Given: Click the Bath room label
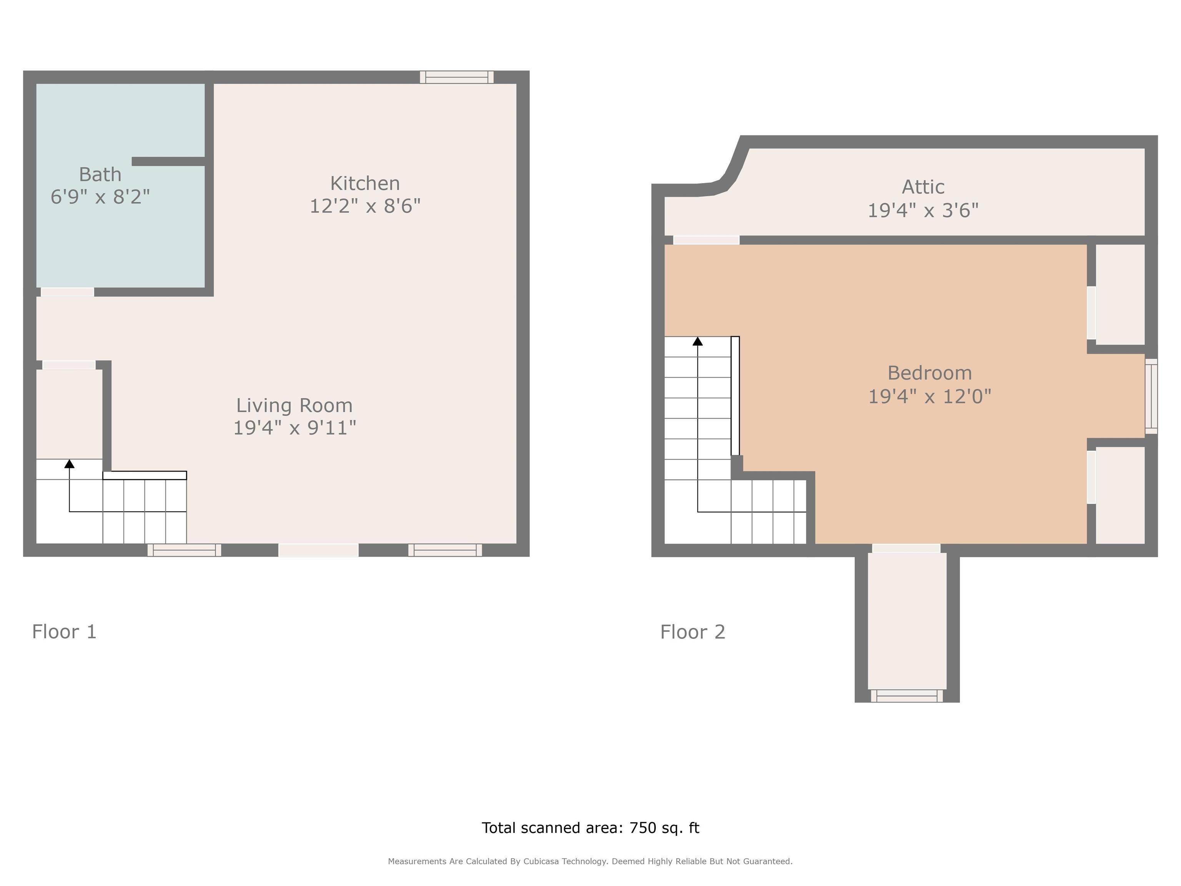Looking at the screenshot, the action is click(100, 175).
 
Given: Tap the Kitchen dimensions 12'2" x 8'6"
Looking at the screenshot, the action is click(365, 206).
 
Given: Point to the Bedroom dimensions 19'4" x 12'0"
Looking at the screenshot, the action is click(930, 396).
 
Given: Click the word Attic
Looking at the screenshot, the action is click(923, 187).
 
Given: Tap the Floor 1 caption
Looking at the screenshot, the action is click(64, 632).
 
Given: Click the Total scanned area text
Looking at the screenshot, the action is click(590, 827).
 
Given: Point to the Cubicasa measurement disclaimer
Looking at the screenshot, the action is click(590, 861).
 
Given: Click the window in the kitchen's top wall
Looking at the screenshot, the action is click(456, 77).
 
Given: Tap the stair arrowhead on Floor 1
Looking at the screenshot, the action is click(70, 463).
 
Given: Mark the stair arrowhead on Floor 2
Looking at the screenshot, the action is click(697, 341).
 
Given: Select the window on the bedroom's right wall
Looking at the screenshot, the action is click(1151, 396).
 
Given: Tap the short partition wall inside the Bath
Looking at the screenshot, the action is click(169, 161).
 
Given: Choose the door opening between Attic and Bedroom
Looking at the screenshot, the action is click(706, 240).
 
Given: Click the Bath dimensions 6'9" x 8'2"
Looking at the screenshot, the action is click(100, 197).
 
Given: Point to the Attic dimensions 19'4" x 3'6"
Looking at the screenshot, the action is click(923, 210).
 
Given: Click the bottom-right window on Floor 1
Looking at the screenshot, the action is click(445, 550).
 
